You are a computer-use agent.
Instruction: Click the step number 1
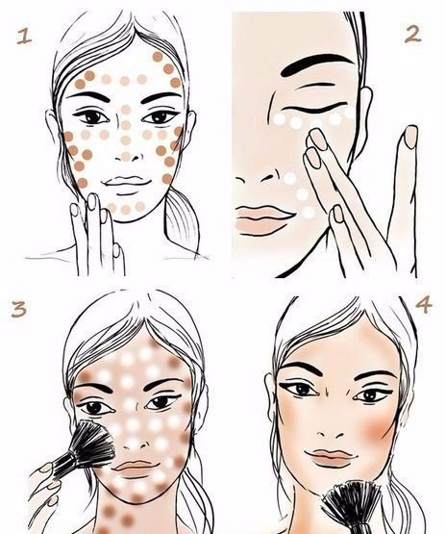point(24,37)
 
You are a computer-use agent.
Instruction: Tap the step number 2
point(413,35)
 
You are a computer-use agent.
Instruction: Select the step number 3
point(18,310)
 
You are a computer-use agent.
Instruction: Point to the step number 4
point(424,305)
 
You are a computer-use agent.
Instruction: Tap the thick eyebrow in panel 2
point(316,64)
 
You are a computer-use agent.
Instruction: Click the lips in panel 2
point(262,219)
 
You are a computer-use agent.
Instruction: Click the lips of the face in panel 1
point(128,181)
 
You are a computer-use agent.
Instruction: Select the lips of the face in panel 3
point(136,469)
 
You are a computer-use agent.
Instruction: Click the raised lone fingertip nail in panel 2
point(411,137)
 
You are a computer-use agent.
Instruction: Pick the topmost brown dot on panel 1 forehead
point(158,57)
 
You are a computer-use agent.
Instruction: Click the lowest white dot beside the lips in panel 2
point(309,213)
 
